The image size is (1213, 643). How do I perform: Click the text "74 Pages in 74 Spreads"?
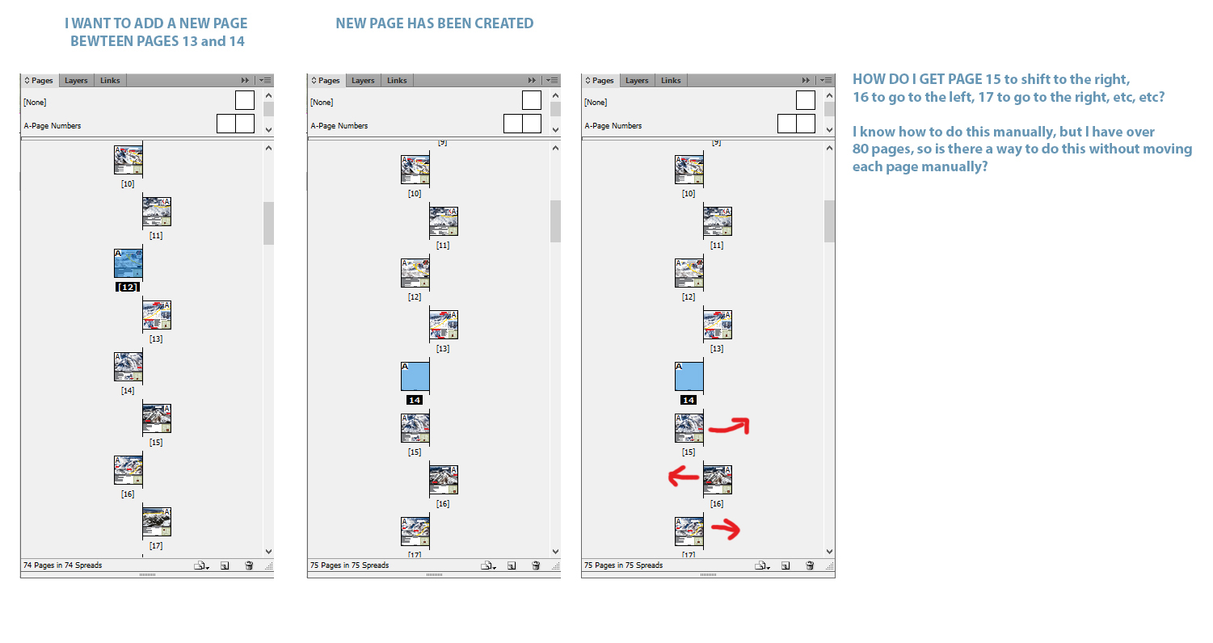(63, 565)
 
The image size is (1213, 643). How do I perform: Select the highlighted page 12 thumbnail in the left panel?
(128, 263)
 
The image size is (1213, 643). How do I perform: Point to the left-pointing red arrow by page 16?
(684, 477)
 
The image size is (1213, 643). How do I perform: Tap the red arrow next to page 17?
(725, 530)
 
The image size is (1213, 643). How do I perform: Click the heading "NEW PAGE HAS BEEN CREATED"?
(434, 23)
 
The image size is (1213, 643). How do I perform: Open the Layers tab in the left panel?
(76, 81)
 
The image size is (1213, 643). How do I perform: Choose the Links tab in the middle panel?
(397, 81)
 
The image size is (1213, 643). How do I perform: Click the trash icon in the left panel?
(249, 565)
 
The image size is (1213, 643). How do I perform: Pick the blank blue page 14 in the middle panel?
(415, 377)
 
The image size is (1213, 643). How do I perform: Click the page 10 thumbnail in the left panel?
(128, 160)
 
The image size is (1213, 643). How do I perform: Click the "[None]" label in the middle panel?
(322, 103)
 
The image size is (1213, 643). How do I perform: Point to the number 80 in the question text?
(862, 149)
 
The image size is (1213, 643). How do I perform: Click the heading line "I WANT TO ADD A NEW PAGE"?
(156, 23)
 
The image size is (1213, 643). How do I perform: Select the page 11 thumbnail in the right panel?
(718, 221)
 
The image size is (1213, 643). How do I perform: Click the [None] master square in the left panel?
(245, 101)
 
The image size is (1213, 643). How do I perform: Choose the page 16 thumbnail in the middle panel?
(444, 480)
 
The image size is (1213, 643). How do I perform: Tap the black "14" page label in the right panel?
(689, 400)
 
